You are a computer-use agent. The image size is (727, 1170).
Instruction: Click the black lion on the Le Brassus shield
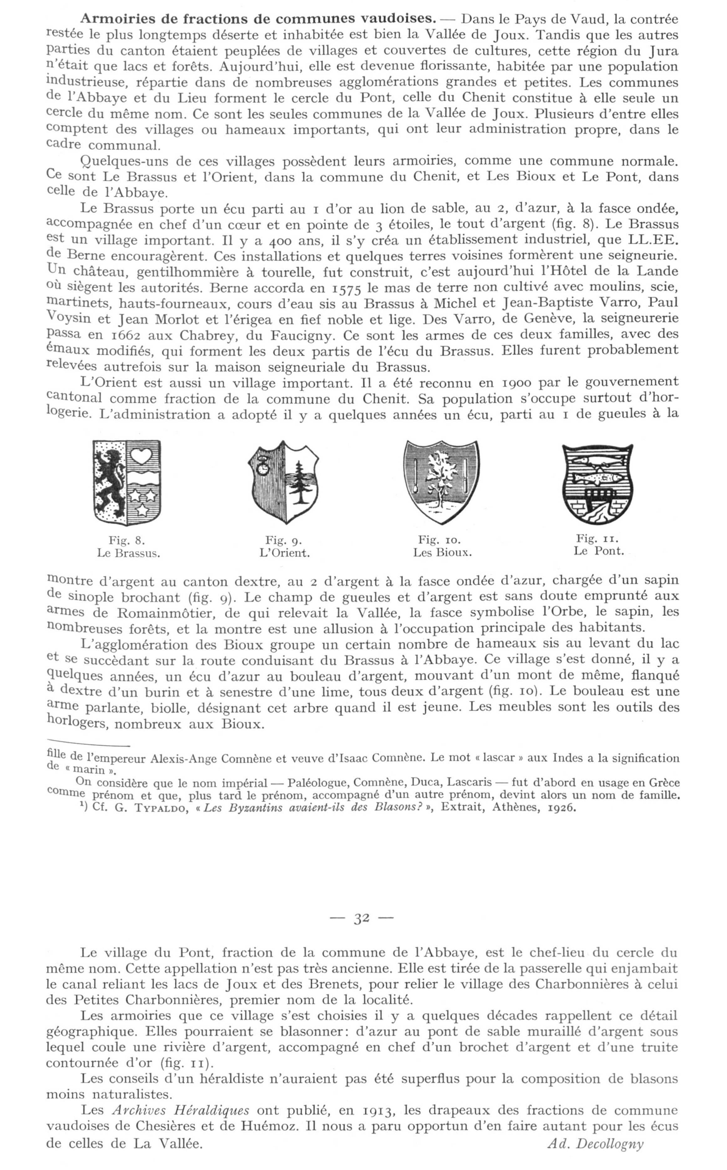click(x=109, y=482)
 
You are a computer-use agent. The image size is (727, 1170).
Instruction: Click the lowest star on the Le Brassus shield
click(x=143, y=508)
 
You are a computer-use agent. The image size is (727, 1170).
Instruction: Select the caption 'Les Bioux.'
click(x=442, y=552)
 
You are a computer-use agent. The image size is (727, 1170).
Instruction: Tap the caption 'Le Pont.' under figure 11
click(x=599, y=551)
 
